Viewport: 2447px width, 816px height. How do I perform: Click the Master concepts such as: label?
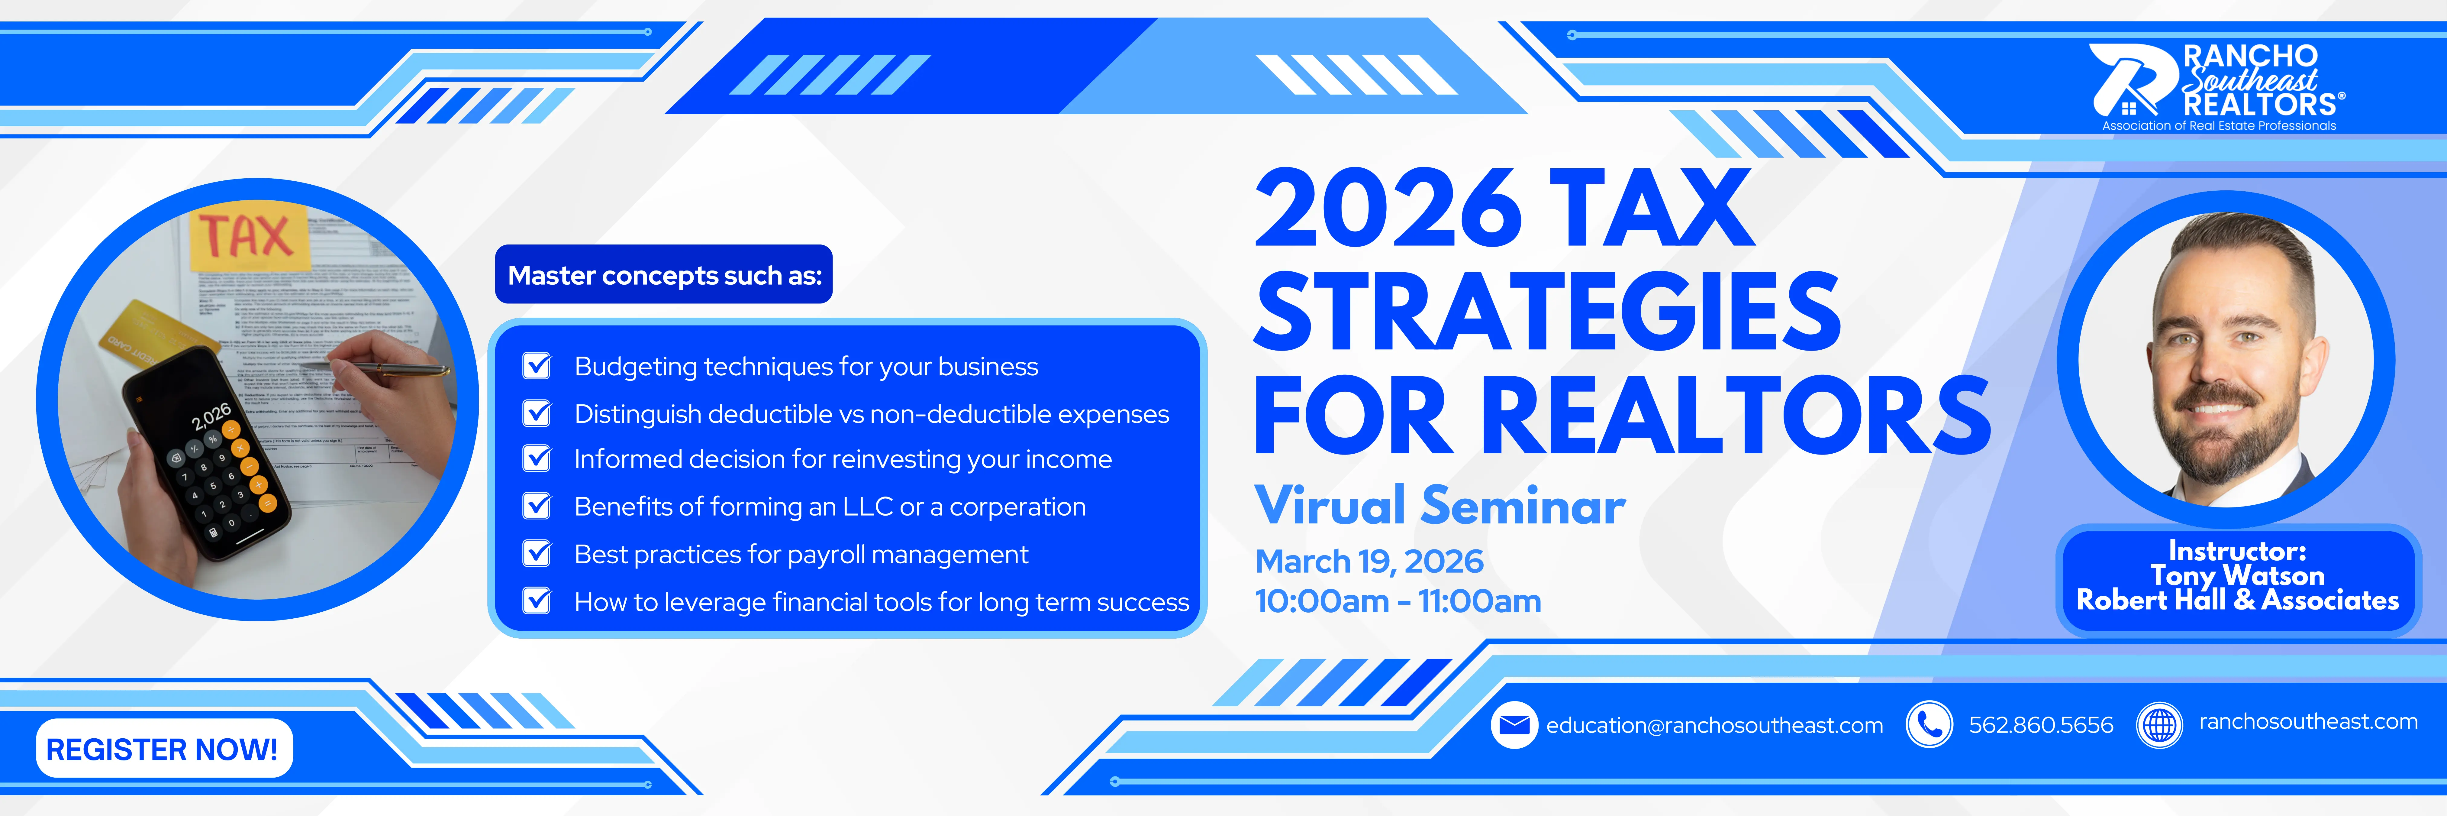click(664, 276)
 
